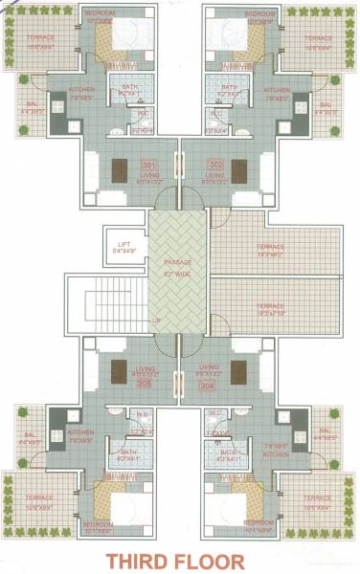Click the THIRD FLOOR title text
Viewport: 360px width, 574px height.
(x=181, y=559)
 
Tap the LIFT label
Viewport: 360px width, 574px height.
(x=124, y=244)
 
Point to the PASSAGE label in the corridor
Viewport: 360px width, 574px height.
(x=178, y=260)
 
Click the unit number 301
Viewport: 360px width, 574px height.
(x=148, y=165)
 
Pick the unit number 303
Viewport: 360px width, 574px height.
(x=145, y=383)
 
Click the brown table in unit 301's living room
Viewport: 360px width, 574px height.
(x=120, y=168)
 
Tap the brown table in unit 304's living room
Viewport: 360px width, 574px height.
(x=239, y=370)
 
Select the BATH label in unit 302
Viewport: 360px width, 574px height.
(x=227, y=87)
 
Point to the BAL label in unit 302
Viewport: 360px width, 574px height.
(x=326, y=106)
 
